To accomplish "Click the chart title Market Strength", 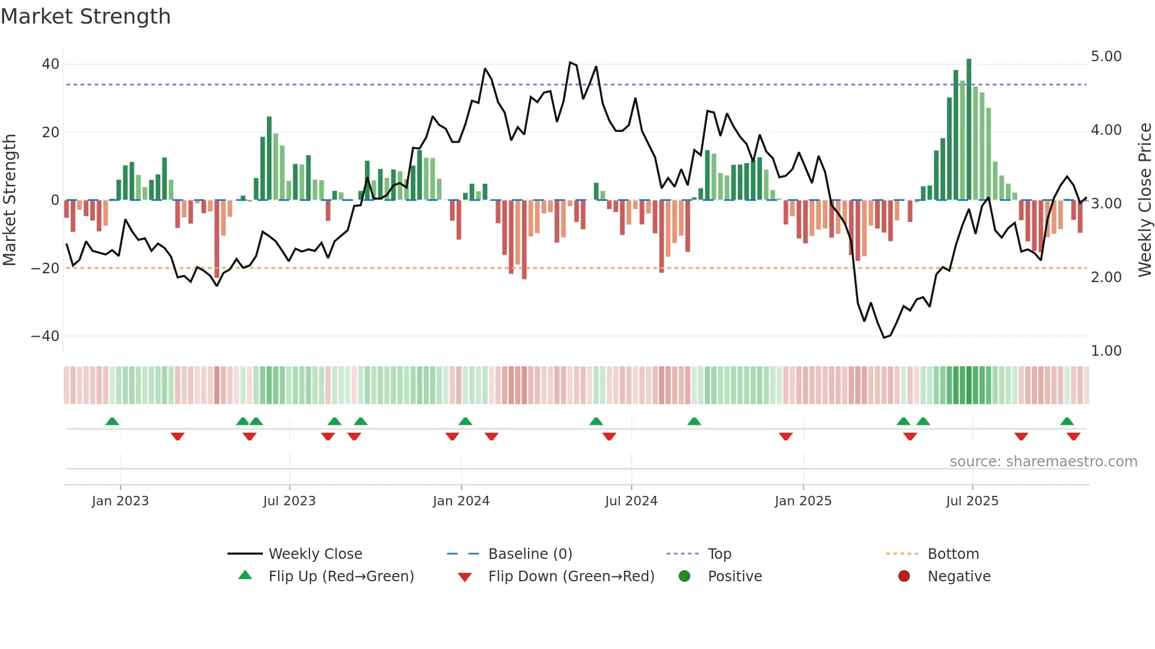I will (86, 16).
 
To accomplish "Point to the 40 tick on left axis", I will (51, 64).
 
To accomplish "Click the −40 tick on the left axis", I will (45, 336).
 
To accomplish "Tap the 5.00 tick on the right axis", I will (1106, 56).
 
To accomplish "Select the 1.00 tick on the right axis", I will (1106, 350).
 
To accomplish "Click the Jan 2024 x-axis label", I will (461, 501).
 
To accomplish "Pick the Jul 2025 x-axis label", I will (972, 501).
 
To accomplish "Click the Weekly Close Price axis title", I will (1144, 200).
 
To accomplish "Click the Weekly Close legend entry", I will (315, 554).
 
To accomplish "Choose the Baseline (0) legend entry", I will (530, 554).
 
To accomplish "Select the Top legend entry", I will (719, 554).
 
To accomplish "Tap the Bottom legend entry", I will (953, 554).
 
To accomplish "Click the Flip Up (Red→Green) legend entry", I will (341, 576).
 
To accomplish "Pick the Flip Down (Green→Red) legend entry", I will (571, 576).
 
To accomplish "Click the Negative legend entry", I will (959, 576).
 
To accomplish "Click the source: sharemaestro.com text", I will (1043, 461).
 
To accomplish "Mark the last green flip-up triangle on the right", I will (1067, 421).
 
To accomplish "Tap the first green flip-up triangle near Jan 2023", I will (112, 421).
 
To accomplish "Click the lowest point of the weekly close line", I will (884, 337).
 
